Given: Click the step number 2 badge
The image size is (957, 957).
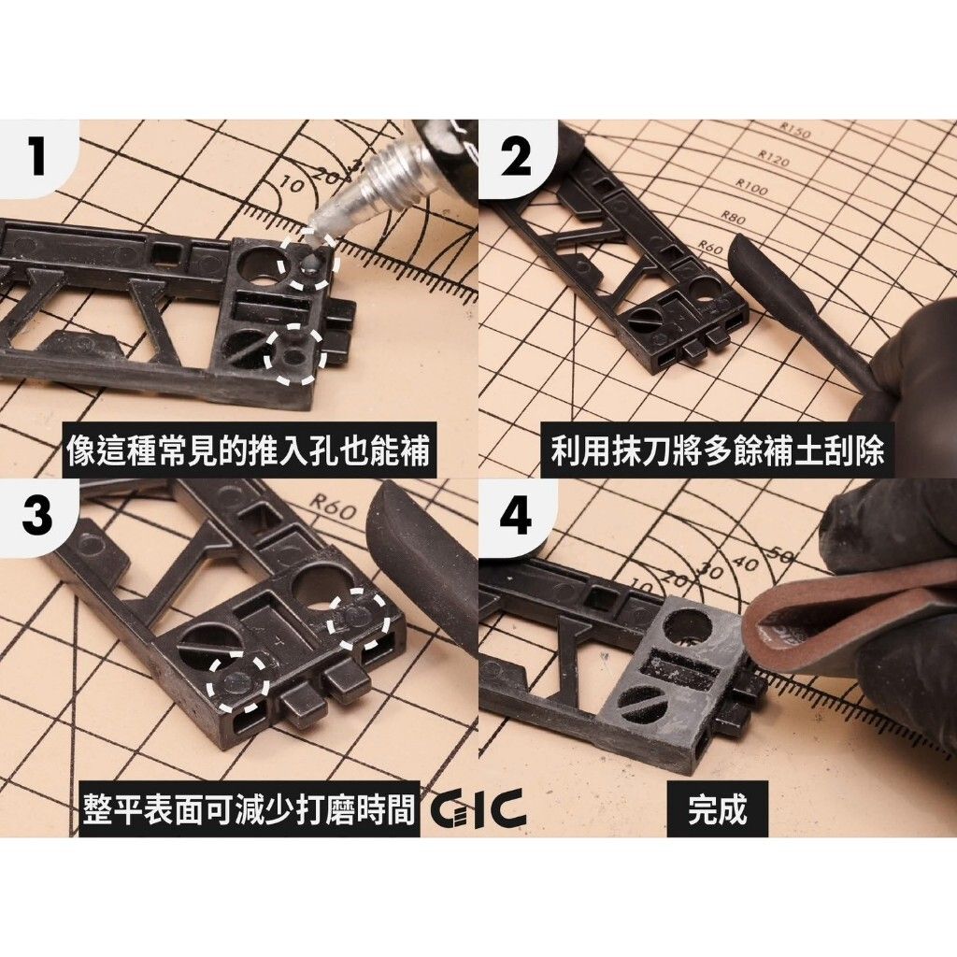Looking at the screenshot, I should click(x=516, y=157).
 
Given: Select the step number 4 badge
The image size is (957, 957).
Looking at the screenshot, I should click(x=516, y=516).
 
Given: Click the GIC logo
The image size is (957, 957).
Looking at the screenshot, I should click(x=478, y=809).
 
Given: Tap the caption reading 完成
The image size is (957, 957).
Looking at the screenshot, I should click(x=717, y=809).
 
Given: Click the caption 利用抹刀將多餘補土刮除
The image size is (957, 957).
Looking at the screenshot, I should click(x=717, y=453).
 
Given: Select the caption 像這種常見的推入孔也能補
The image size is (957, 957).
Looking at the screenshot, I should click(x=248, y=453).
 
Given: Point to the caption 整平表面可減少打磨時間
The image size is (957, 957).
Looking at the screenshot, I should click(x=248, y=809).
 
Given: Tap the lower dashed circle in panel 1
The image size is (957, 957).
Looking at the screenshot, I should click(x=294, y=355).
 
